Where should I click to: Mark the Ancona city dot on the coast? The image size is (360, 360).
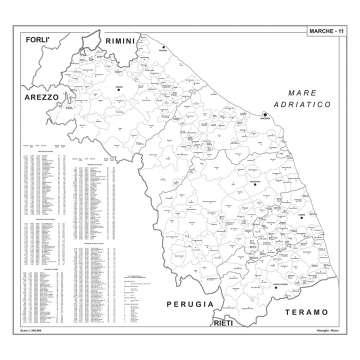tap(265, 116)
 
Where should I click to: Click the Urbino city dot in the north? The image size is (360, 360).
tap(118, 88)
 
